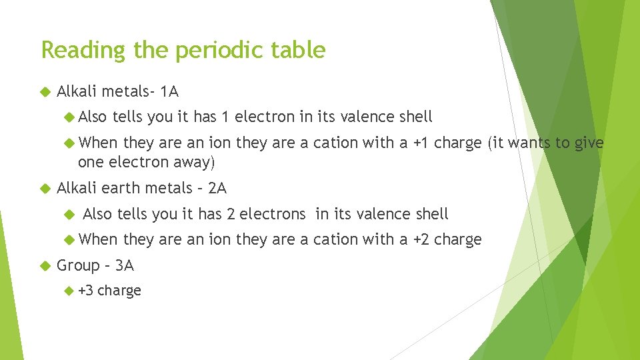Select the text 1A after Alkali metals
(x=169, y=91)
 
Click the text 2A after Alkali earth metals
(x=217, y=189)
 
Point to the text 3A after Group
(x=125, y=265)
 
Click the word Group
(x=79, y=266)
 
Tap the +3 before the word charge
(x=86, y=291)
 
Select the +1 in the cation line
(x=422, y=143)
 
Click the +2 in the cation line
(x=421, y=239)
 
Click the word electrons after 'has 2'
(x=273, y=214)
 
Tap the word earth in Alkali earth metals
(x=121, y=189)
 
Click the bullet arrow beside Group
(x=45, y=266)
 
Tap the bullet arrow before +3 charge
(x=69, y=291)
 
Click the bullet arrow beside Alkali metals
(x=45, y=91)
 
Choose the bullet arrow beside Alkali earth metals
(x=45, y=189)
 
